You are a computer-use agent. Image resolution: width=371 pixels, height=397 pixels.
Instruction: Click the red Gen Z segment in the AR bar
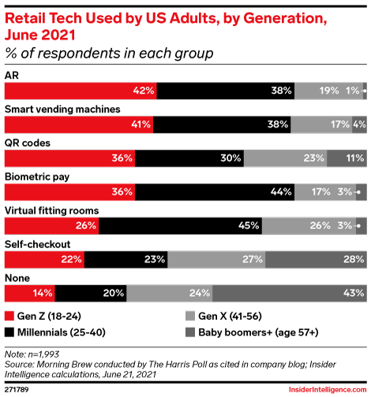point(81,91)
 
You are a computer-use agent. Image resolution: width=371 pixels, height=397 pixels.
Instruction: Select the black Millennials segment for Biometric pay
point(215,192)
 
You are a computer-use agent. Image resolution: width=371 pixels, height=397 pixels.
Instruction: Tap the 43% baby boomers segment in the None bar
point(290,293)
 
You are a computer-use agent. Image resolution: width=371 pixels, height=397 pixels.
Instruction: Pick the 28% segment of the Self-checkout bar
point(316,259)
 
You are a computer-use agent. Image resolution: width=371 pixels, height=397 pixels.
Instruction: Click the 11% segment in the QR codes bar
point(347,158)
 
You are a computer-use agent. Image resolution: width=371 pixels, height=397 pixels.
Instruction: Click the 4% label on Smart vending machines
point(359,124)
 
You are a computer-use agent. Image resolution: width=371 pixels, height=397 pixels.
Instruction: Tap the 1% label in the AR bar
point(353,91)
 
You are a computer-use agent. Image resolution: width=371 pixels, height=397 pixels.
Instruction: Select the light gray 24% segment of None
point(170,293)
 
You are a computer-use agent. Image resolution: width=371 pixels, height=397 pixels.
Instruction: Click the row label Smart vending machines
point(62,109)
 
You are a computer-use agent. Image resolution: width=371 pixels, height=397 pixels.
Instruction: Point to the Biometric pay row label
point(37,177)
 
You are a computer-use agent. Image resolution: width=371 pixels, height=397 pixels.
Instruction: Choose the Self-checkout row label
point(38,244)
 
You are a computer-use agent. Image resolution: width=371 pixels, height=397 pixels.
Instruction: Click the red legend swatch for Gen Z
point(9,316)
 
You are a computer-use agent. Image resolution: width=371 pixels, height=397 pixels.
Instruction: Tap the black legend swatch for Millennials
point(9,332)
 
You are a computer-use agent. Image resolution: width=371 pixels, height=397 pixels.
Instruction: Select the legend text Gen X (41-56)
point(230,316)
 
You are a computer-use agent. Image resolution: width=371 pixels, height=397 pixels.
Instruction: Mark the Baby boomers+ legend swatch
point(190,332)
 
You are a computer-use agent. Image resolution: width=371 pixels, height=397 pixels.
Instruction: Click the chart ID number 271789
point(17,389)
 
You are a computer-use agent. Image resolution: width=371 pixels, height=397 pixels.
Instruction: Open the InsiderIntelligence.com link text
point(328,389)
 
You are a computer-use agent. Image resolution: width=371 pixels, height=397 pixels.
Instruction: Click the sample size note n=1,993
point(43,354)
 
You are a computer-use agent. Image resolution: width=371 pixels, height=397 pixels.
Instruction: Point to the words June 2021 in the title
point(40,35)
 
